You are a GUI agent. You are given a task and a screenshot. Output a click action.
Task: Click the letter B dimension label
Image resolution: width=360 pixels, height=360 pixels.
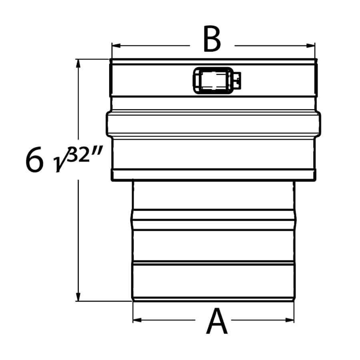(x=212, y=40)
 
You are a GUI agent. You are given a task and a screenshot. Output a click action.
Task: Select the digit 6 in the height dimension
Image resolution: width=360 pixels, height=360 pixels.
(x=34, y=160)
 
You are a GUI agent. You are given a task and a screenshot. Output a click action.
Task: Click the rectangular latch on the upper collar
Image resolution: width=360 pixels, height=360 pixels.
(x=212, y=80)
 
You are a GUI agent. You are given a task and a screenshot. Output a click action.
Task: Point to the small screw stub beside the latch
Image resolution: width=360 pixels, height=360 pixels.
(x=237, y=80)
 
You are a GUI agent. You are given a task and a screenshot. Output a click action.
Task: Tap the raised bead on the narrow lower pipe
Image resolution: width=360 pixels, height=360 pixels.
(x=213, y=220)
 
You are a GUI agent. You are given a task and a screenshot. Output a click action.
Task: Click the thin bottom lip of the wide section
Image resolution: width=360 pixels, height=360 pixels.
(x=213, y=174)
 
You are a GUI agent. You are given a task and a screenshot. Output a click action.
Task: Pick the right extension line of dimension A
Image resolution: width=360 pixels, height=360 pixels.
(x=294, y=312)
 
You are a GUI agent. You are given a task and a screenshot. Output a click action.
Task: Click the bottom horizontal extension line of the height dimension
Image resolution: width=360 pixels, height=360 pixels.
(x=104, y=301)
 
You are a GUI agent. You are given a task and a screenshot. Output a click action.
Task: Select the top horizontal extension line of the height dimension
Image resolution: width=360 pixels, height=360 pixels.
(x=92, y=59)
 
